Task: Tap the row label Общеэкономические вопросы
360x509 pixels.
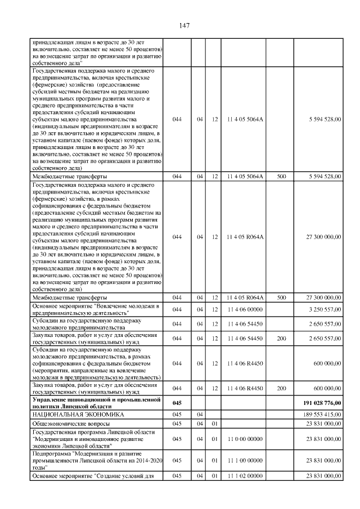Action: click(x=67, y=424)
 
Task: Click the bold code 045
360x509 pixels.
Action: click(x=177, y=403)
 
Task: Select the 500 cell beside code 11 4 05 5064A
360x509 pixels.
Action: click(x=281, y=176)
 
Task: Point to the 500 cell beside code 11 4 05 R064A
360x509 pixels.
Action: click(x=281, y=297)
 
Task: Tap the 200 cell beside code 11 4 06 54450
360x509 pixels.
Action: click(x=281, y=338)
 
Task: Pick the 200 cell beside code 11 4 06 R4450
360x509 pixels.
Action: click(x=281, y=389)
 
